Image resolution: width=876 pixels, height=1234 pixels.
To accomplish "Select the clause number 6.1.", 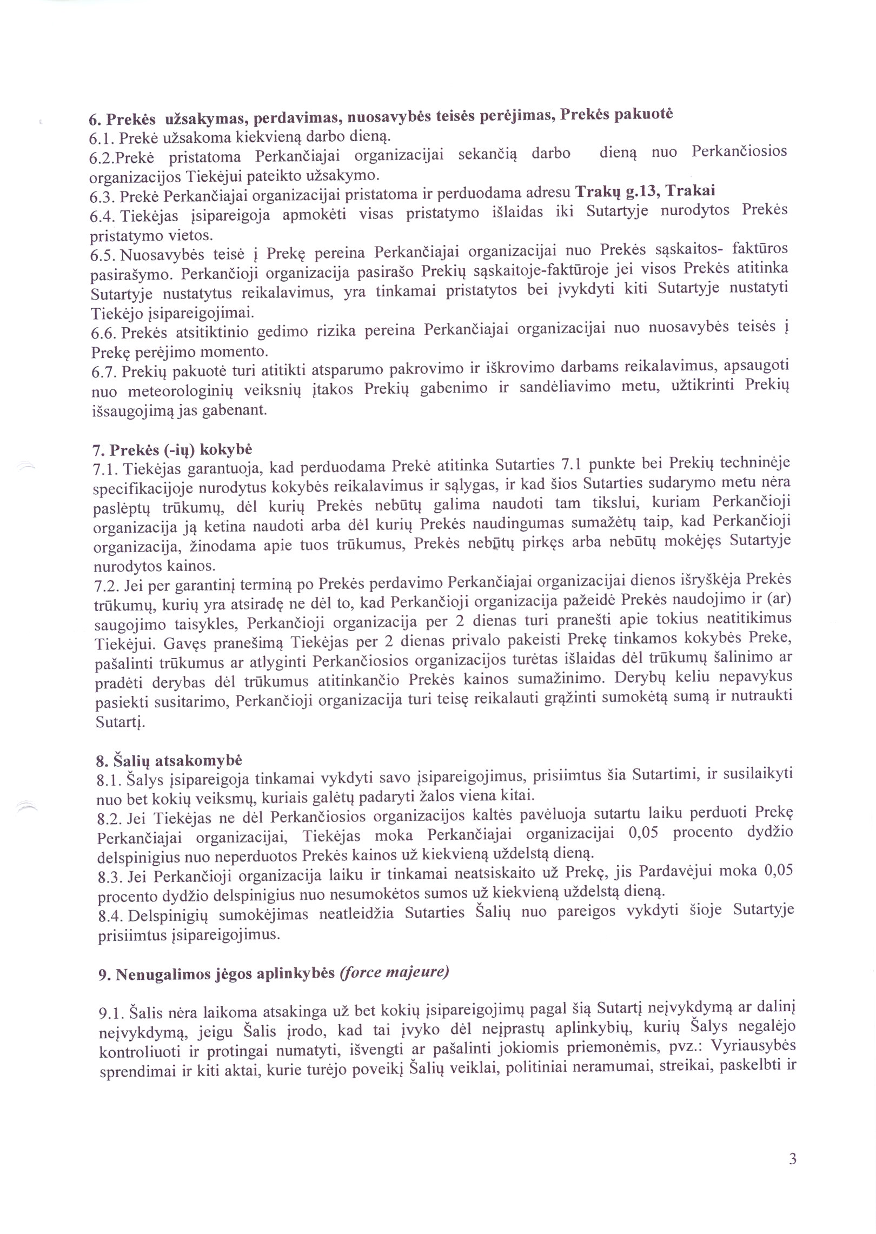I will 102,138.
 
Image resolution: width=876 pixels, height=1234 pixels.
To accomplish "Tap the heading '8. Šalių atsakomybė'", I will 169,760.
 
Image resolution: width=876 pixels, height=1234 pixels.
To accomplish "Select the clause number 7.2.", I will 106,586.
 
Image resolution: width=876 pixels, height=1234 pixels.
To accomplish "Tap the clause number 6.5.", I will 103,255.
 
